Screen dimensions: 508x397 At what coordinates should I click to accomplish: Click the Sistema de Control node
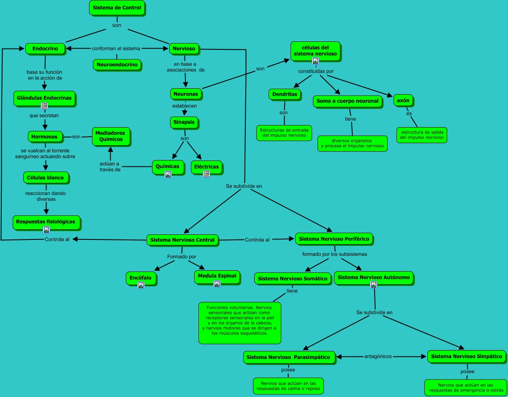(117, 8)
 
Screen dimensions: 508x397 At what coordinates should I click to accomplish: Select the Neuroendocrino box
(117, 65)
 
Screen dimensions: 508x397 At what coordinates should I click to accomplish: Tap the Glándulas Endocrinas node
(44, 98)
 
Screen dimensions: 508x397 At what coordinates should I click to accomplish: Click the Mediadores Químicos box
(111, 136)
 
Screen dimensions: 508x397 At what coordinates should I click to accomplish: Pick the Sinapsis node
(184, 122)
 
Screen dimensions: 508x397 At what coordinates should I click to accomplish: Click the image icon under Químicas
(168, 174)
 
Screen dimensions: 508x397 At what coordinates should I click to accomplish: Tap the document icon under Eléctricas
(206, 174)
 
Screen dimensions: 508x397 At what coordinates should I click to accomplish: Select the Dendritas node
(285, 95)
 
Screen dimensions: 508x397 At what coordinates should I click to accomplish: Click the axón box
(403, 101)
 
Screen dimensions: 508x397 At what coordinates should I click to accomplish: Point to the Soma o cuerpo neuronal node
(348, 101)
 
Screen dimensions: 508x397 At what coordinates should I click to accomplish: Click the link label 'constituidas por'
(315, 71)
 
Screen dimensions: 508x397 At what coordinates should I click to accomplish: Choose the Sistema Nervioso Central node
(182, 240)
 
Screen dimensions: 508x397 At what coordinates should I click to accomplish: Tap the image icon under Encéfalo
(141, 285)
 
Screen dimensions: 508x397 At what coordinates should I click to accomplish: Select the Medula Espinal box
(217, 277)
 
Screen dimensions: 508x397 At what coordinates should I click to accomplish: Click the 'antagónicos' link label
(378, 356)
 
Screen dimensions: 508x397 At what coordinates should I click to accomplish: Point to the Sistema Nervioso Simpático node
(466, 356)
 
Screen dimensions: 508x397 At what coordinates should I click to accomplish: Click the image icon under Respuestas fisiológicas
(46, 230)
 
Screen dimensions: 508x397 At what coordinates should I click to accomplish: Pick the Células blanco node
(46, 178)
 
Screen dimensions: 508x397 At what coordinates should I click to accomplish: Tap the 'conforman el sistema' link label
(116, 49)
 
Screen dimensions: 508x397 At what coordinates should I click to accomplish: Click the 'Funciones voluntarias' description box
(239, 323)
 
